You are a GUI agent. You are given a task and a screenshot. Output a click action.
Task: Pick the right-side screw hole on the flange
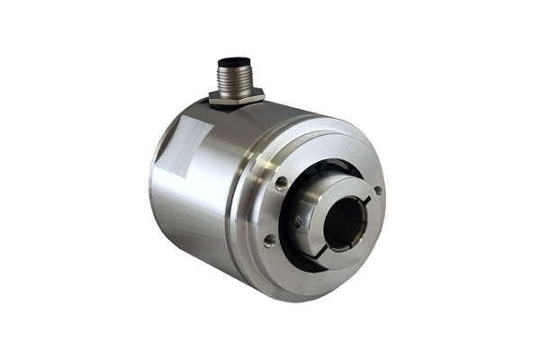point(378,190)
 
